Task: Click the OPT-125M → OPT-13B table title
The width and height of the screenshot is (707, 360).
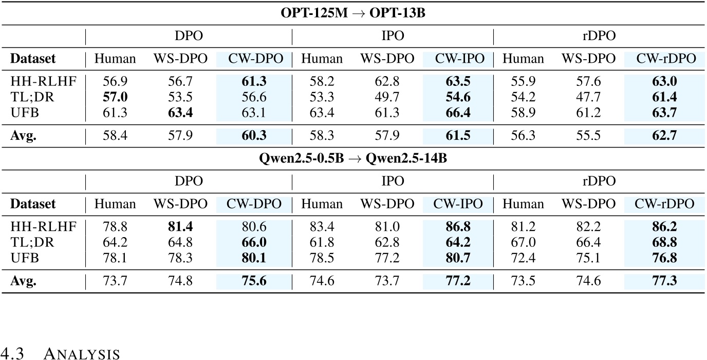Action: click(353, 14)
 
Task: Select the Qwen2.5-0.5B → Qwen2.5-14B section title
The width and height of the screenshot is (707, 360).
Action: click(353, 159)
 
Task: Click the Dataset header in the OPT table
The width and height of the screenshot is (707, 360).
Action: click(33, 59)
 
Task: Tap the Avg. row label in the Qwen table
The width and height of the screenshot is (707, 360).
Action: click(23, 281)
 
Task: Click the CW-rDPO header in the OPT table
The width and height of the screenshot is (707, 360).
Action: click(665, 59)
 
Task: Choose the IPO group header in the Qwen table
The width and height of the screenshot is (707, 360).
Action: click(393, 181)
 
